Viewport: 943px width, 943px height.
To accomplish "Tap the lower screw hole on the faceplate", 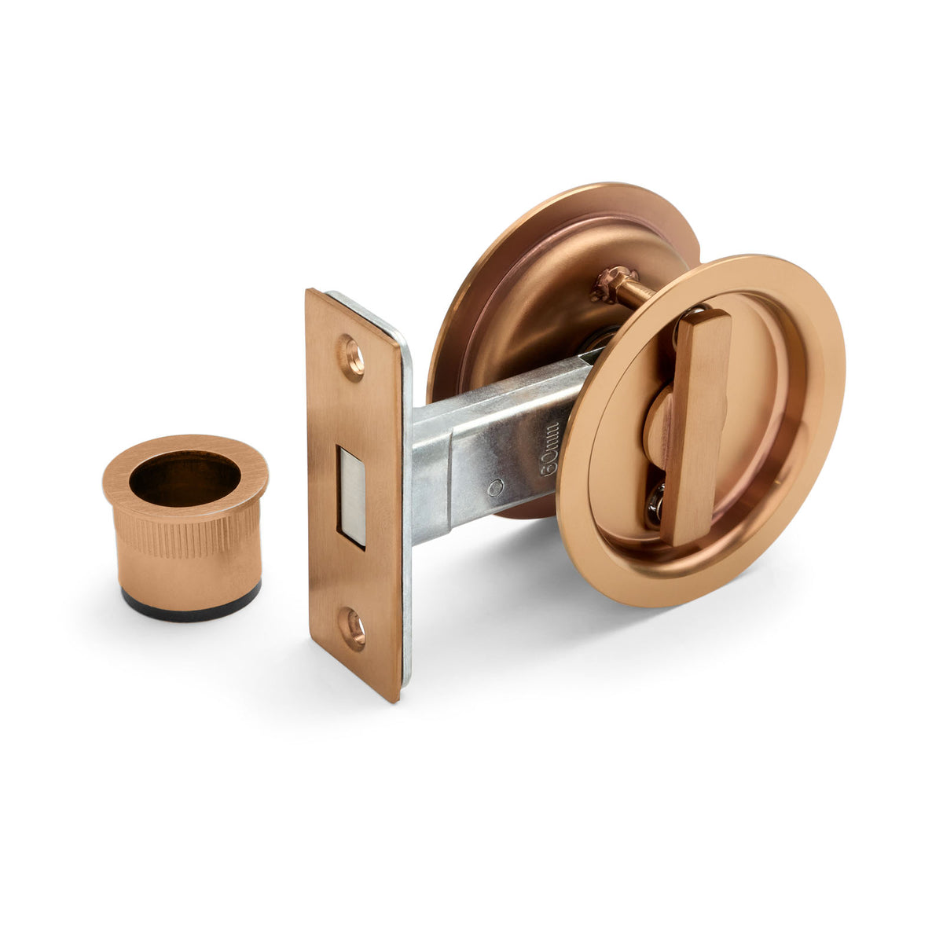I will coord(353,629).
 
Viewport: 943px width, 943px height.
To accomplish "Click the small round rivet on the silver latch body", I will coord(494,488).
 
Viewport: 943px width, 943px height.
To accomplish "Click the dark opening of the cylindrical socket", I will coord(185,479).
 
